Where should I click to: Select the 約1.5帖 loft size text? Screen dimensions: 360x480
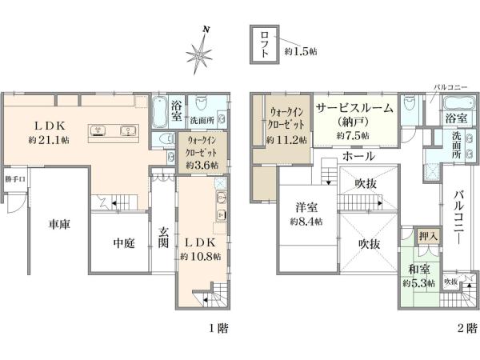(x=302, y=50)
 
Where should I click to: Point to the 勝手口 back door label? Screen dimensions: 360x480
(x=14, y=178)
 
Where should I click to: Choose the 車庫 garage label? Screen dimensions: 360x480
(x=58, y=224)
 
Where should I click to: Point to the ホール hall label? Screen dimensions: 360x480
(x=356, y=157)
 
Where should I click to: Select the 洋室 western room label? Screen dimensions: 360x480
(x=306, y=206)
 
